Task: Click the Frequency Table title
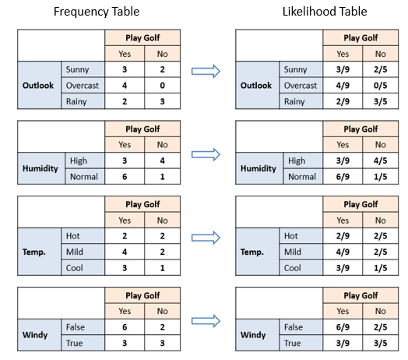97,12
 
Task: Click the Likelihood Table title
325,12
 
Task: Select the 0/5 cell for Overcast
381,86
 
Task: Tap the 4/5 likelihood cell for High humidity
381,161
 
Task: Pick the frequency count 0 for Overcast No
163,86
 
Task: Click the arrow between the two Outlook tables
206,71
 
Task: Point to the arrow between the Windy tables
206,321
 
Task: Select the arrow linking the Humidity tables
206,154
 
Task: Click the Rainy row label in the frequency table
76,101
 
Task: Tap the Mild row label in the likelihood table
293,252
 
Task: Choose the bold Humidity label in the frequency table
40,168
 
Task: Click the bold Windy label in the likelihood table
253,335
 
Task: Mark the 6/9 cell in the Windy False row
343,327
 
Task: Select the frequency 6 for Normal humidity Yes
125,177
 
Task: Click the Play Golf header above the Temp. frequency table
142,204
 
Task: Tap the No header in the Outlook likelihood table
381,54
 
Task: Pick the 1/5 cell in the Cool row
381,268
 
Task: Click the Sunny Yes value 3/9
343,69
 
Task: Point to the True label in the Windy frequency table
75,343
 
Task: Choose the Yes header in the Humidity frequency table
125,145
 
